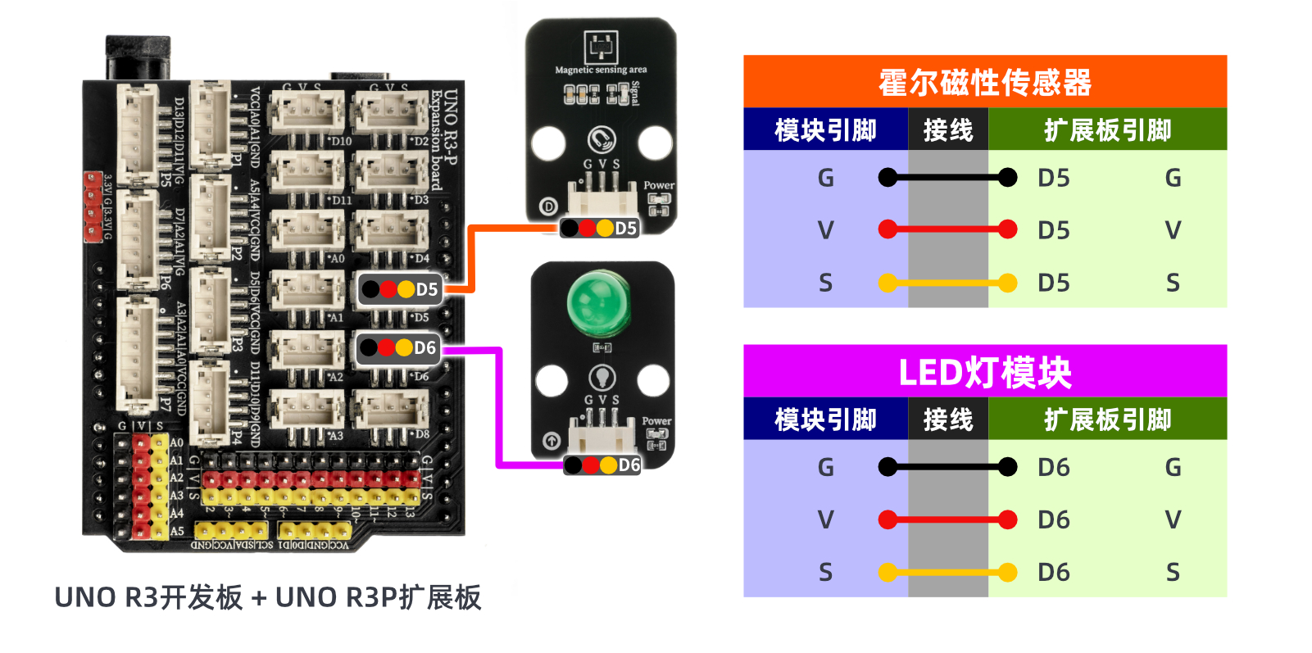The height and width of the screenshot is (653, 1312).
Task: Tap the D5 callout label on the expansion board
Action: tap(401, 289)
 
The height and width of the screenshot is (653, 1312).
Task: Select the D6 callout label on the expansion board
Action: tap(399, 348)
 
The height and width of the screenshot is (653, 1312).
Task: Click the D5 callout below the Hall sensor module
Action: tap(600, 228)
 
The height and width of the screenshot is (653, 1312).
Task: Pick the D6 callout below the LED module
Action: tap(602, 465)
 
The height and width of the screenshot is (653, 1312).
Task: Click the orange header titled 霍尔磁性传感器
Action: tap(984, 82)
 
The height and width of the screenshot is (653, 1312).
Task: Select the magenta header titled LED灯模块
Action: tap(984, 372)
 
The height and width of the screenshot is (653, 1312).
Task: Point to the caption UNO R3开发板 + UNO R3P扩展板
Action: tap(267, 597)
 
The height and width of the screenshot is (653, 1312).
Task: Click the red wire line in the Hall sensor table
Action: tap(947, 229)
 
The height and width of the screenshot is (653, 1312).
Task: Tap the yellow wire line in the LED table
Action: tap(947, 572)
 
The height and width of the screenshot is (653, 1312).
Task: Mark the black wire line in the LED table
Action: tap(947, 467)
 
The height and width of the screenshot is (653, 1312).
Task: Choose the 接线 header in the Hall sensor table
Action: tap(947, 129)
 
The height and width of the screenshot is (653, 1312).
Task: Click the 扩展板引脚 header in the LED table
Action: tap(1107, 419)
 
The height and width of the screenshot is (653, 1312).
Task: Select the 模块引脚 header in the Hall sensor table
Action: tap(825, 129)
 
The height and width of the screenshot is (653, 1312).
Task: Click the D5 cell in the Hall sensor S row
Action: tap(1054, 283)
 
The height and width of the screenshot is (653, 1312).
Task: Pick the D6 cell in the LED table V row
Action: tap(1054, 519)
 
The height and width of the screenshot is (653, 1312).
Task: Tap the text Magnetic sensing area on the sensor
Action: tap(601, 70)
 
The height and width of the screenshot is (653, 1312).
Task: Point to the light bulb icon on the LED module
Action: tap(602, 377)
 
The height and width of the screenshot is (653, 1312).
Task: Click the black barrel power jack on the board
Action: tap(138, 57)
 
